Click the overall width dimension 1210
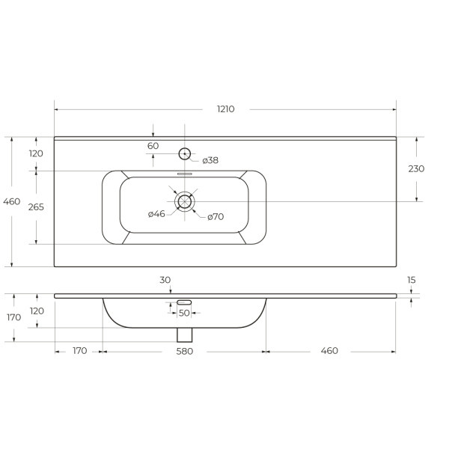tap(226, 109)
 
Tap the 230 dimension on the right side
tap(416, 169)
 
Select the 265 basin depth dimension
tap(36, 207)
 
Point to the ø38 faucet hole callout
tap(210, 160)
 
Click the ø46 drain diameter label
tap(156, 214)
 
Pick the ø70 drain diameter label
tap(216, 217)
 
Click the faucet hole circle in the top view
tap(185, 153)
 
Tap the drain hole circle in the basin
tap(185, 201)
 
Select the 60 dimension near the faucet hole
tap(153, 146)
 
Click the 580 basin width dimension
tap(184, 352)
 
